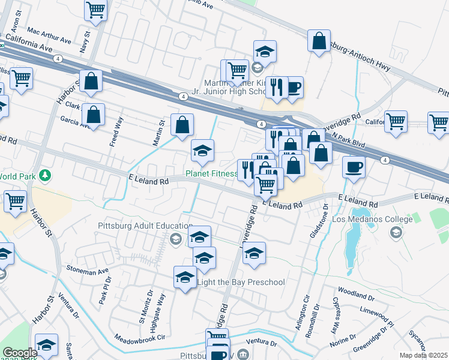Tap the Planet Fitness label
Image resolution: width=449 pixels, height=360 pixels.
coord(211,174)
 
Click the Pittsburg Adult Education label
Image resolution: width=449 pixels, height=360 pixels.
coord(133,226)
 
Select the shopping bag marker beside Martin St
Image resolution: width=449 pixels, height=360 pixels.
coord(182,125)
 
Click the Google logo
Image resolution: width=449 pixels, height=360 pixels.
coord(19,353)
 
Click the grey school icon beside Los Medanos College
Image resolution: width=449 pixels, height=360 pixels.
coord(395,232)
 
